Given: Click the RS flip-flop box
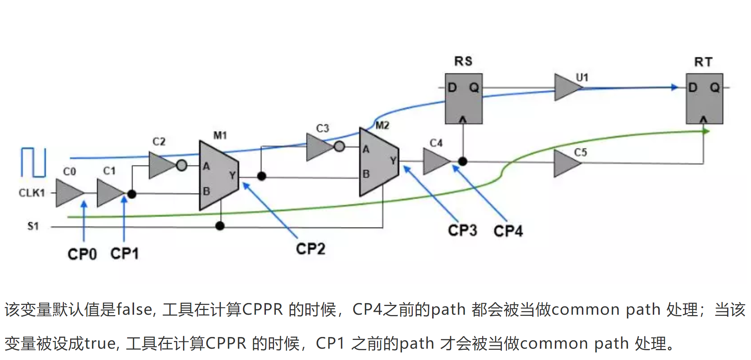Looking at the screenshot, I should [463, 99].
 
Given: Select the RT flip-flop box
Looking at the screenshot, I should [704, 99].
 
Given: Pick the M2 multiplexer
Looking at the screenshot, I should [378, 162].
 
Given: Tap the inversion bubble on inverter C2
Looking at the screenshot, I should [182, 165].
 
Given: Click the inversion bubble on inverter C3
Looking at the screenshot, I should [339, 146].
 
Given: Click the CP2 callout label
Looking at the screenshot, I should [310, 249].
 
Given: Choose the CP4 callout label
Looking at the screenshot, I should [508, 231].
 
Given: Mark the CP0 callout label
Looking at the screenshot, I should [82, 254].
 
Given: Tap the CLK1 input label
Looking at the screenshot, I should [32, 193].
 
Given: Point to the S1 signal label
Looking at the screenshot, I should [33, 226].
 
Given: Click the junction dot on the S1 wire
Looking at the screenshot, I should [220, 226].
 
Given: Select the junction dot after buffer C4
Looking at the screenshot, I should [462, 161].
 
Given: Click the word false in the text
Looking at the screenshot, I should [134, 310].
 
